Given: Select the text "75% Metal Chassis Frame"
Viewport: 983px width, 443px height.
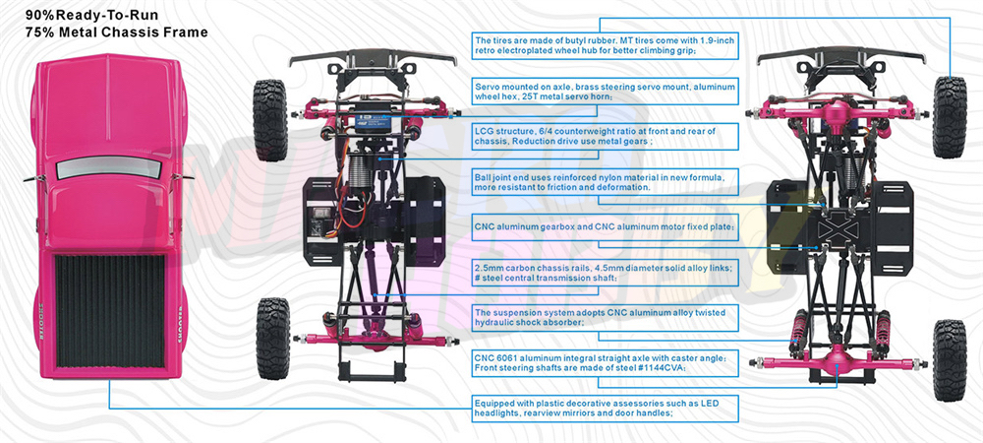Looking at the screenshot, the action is [x=117, y=32].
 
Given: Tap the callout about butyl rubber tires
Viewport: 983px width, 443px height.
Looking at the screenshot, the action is [x=605, y=46].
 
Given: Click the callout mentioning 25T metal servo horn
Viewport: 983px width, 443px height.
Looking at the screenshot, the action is [x=605, y=92].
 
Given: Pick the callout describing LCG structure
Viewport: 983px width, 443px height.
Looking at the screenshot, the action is [x=605, y=137].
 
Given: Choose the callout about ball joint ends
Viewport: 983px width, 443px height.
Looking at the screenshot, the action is [x=605, y=182].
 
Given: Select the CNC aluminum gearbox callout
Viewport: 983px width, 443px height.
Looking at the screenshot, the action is [x=605, y=227].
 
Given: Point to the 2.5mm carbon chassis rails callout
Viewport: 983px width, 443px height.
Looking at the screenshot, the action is [x=605, y=273].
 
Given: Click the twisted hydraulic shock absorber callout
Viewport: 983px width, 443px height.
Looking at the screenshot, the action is [x=605, y=318].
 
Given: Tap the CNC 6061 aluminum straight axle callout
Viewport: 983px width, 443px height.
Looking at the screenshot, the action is [x=605, y=363].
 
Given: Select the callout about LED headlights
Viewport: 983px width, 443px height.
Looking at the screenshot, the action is [x=605, y=409].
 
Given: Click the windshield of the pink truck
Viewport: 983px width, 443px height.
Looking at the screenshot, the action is [x=108, y=167].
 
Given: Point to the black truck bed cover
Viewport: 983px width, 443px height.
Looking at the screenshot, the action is [x=110, y=311].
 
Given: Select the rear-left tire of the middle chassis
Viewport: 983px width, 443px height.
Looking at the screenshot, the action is [x=273, y=339].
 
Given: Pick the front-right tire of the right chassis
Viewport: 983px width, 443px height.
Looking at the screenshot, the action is [x=950, y=117].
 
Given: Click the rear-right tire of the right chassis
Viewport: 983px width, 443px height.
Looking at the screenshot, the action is [x=950, y=360].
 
